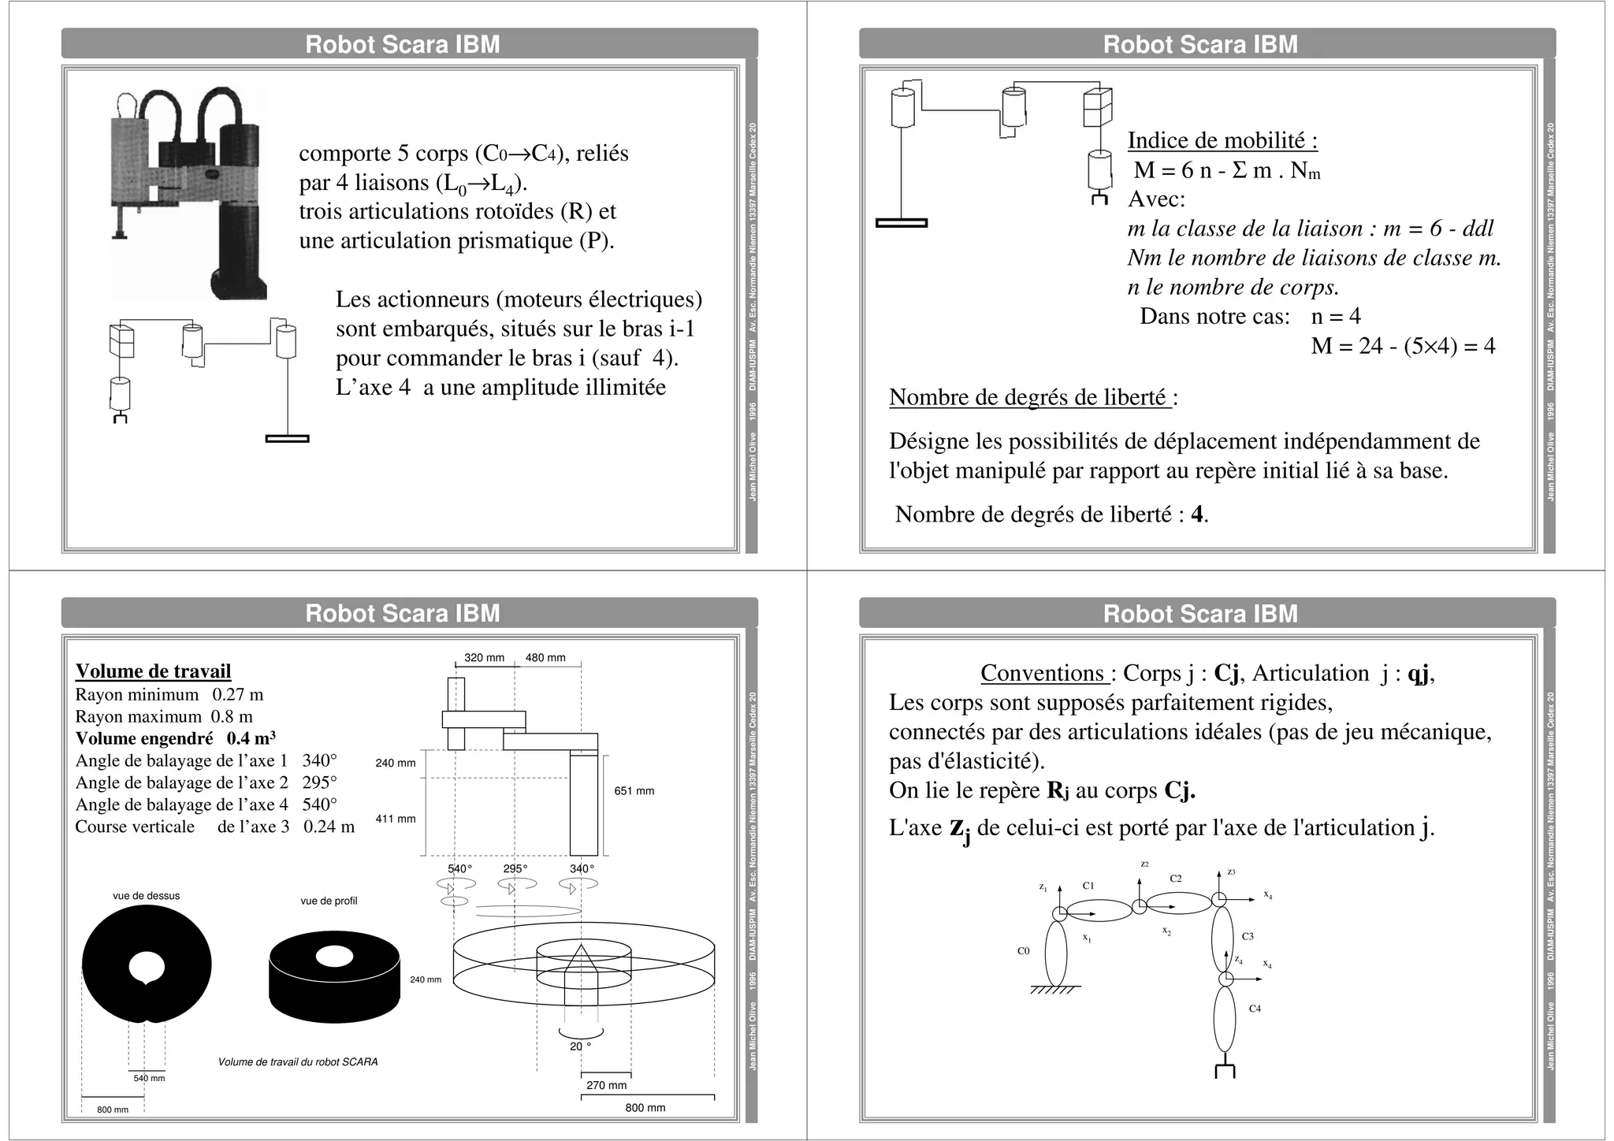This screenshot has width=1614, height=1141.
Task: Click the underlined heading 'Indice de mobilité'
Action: tap(1222, 140)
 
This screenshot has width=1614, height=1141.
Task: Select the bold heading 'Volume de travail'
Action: tap(153, 671)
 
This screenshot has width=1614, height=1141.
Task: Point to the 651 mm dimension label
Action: tap(634, 791)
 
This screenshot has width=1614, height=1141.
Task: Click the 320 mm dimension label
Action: tap(484, 658)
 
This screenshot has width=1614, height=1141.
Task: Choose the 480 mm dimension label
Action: tap(545, 658)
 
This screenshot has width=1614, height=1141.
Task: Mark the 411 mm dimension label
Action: tap(395, 819)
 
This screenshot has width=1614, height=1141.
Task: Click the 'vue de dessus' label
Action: tap(146, 896)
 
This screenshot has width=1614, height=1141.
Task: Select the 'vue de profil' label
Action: tap(329, 901)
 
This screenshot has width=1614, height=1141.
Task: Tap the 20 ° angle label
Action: tap(580, 1046)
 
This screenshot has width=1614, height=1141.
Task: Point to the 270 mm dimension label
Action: tap(606, 1086)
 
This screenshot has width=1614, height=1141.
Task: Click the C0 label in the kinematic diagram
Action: tap(1023, 951)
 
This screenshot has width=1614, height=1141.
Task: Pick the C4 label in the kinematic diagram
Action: tap(1255, 1009)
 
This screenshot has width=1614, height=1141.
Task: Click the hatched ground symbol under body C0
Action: tap(1054, 990)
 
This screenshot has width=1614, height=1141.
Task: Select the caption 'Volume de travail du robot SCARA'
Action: tap(298, 1062)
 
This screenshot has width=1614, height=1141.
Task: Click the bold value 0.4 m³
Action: tap(251, 738)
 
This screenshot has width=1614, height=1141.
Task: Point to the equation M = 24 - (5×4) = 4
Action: tap(1403, 346)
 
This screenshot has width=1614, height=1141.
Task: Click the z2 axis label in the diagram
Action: tap(1144, 864)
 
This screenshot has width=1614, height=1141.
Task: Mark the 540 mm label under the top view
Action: tap(149, 1078)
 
